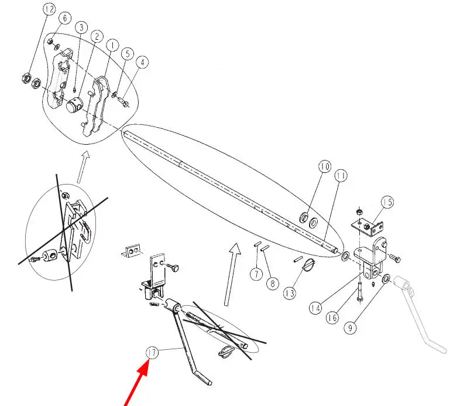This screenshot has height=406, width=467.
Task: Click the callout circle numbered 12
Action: (49, 9)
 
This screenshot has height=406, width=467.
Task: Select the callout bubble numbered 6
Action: (65, 18)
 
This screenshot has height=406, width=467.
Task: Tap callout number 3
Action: (81, 28)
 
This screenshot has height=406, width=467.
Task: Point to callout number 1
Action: (112, 46)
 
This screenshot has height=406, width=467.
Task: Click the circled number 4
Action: (142, 62)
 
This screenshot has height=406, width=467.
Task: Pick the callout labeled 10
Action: (325, 166)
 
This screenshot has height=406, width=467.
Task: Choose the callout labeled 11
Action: (341, 176)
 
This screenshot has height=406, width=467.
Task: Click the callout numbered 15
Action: (387, 202)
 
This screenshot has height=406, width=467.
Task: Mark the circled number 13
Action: (290, 293)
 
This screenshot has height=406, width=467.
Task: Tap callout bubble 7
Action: (256, 274)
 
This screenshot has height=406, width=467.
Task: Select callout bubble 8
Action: (273, 283)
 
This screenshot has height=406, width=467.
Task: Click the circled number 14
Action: (315, 308)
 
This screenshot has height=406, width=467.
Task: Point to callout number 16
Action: (332, 318)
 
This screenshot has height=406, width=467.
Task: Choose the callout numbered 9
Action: (350, 328)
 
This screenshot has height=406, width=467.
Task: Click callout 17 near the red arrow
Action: (152, 353)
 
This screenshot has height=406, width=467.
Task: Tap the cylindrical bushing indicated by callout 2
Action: (74, 106)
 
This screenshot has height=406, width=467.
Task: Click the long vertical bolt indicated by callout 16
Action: (360, 293)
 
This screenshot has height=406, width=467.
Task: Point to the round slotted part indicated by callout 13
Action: (308, 264)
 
